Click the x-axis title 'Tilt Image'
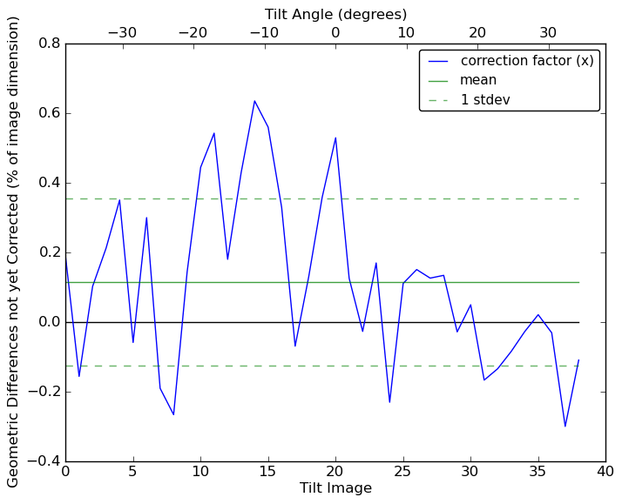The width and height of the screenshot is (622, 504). (335, 488)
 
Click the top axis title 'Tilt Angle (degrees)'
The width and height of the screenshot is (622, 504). (335, 14)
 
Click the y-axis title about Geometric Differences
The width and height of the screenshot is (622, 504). (13, 252)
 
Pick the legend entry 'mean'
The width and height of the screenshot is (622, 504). (478, 80)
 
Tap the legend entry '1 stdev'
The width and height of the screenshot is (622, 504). (485, 99)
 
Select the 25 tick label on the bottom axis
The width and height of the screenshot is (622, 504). (403, 471)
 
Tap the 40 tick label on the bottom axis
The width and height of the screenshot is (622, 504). (605, 471)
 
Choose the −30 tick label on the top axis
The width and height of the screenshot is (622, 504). (122, 33)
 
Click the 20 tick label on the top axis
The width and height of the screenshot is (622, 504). (477, 33)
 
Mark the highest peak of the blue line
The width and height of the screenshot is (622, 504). (254, 100)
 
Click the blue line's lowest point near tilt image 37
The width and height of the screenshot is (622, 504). (565, 427)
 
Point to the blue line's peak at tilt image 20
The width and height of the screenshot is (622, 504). (335, 138)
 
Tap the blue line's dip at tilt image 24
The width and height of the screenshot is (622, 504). (389, 402)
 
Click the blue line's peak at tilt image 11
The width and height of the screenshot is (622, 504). (214, 133)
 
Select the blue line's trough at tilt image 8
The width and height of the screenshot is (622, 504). (173, 414)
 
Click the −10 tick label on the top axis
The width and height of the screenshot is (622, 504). (264, 33)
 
